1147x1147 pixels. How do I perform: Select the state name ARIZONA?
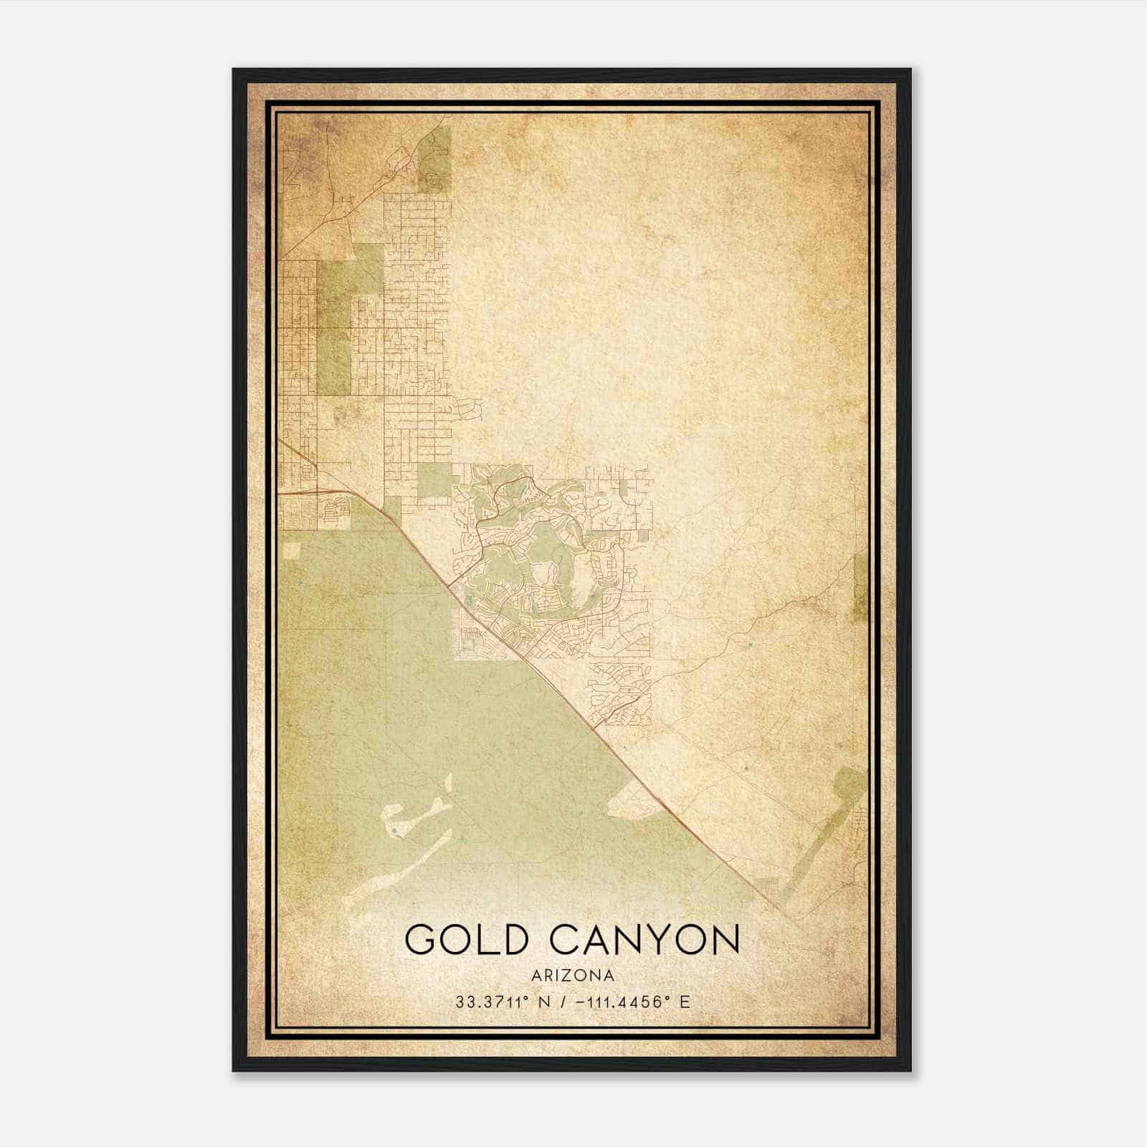573,976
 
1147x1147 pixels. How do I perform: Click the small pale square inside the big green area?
292,551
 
